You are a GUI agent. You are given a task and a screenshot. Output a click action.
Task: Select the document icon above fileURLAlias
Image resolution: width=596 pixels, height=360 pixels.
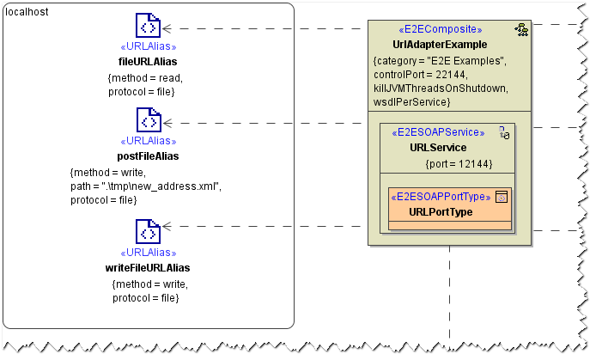148,27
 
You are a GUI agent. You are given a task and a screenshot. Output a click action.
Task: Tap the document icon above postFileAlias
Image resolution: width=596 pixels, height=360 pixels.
148,121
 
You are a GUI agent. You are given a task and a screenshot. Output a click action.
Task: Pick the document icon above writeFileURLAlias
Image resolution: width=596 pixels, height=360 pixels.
148,233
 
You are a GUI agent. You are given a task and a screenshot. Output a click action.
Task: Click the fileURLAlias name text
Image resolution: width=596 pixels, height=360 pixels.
148,62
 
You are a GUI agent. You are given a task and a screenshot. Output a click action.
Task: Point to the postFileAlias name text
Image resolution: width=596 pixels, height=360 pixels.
148,156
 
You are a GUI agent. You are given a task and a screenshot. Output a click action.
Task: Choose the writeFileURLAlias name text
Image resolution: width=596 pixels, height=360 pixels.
148,268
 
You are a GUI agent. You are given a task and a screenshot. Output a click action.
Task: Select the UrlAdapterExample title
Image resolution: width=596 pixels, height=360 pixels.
440,45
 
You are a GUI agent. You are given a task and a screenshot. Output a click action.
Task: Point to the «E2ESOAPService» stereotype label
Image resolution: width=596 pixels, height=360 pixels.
438,133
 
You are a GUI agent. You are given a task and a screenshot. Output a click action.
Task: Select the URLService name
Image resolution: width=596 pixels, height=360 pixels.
438,148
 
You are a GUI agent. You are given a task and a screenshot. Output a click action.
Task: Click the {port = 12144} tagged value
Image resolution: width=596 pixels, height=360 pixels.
459,162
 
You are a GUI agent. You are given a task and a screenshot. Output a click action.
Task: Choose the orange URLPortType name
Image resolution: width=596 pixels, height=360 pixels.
441,211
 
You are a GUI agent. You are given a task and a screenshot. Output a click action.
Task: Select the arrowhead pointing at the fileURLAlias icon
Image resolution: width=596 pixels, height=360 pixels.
167,28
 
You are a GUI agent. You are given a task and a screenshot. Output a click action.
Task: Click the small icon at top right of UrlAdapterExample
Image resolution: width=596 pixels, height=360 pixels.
520,29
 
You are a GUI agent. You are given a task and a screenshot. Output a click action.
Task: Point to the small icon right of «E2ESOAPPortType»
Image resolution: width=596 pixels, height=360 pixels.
502,197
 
